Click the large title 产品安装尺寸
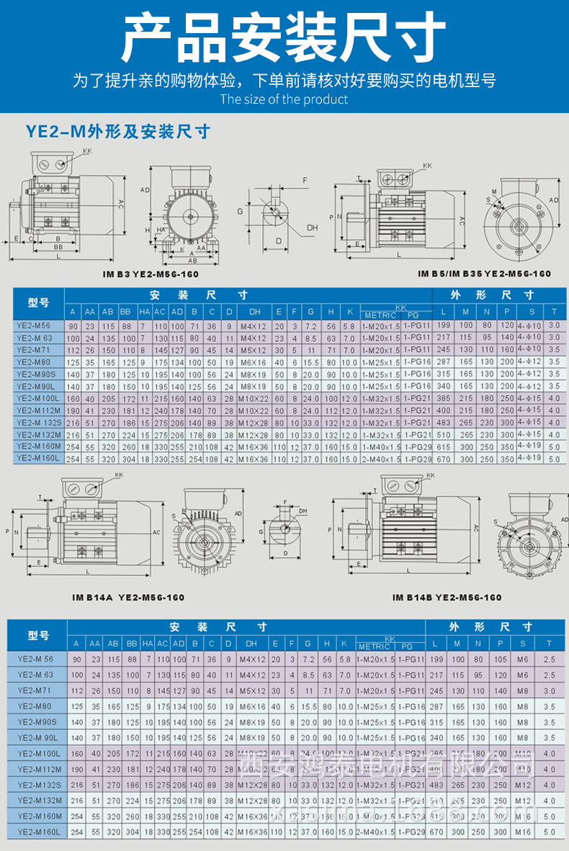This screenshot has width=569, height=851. click(x=284, y=37)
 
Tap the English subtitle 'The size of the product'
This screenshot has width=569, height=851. click(x=284, y=99)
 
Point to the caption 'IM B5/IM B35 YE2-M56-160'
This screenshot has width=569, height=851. click(x=484, y=274)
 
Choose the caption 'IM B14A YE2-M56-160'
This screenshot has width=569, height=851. click(x=128, y=598)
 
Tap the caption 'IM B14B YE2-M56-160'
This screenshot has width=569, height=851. click(x=447, y=598)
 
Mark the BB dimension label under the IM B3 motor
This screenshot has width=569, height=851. click(x=59, y=246)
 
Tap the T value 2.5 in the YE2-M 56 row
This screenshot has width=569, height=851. click(x=550, y=659)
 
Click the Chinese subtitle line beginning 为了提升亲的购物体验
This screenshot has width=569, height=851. click(x=284, y=80)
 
